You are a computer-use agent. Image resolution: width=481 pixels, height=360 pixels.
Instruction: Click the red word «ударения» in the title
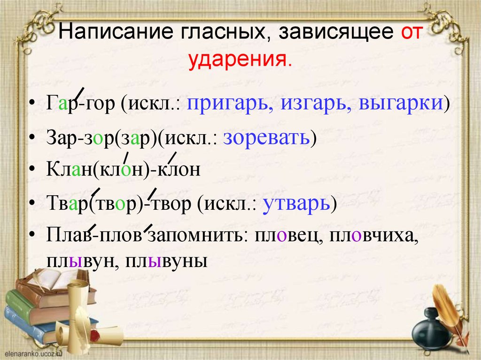[x=240, y=60]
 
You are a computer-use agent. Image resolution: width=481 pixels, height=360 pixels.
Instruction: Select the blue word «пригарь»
[x=228, y=103]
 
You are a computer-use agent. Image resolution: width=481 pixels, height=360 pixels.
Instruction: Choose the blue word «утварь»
[x=295, y=204]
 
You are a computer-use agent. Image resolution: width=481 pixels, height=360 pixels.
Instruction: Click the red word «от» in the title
[x=412, y=33]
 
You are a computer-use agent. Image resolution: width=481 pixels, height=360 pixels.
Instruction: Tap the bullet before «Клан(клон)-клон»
[x=31, y=170]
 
